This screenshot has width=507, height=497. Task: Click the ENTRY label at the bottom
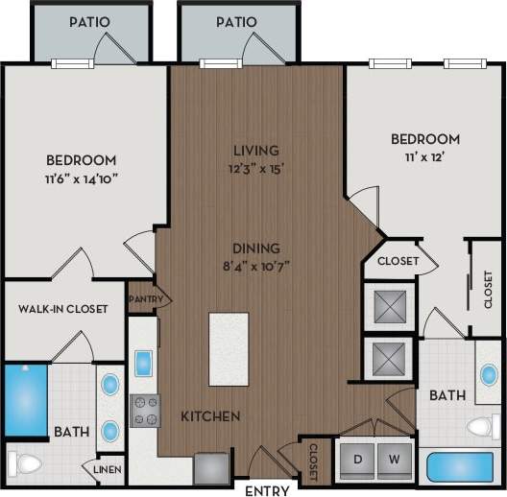click(x=268, y=490)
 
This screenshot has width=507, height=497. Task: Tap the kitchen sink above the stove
click(x=143, y=364)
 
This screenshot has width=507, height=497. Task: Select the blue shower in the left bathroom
click(x=20, y=397)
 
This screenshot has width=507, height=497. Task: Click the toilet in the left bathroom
click(x=25, y=465)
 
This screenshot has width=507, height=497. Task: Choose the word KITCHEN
click(x=210, y=416)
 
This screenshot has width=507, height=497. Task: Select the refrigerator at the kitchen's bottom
click(x=209, y=467)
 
